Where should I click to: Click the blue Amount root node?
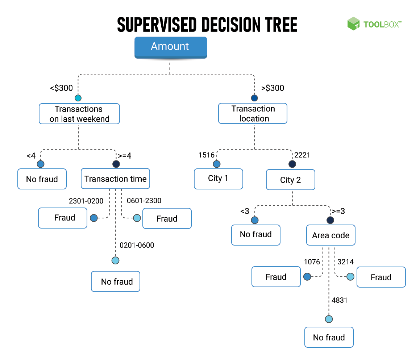pos(170,47)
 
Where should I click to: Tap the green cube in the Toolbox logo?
pos(353,24)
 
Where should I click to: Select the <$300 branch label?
pos(61,88)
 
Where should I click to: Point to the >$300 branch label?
pos(273,88)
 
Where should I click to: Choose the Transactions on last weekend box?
pos(79,114)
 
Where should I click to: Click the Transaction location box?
pos(253,113)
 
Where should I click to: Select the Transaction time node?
pos(115,179)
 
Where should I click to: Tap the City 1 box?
pos(218,179)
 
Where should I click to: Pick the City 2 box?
pos(290,180)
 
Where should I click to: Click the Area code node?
pos(330,235)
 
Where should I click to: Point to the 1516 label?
pos(206,155)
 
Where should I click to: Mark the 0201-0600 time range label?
pos(137,245)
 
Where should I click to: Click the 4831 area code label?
pos(340,300)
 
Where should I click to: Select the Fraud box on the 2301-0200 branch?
pos(63,218)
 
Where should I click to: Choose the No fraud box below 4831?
pos(329,337)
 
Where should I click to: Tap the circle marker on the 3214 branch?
pos(350,277)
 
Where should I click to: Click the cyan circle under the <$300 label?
pos(78,98)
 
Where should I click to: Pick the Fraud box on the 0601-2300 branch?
pos(167,218)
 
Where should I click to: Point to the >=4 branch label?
pos(124,156)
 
